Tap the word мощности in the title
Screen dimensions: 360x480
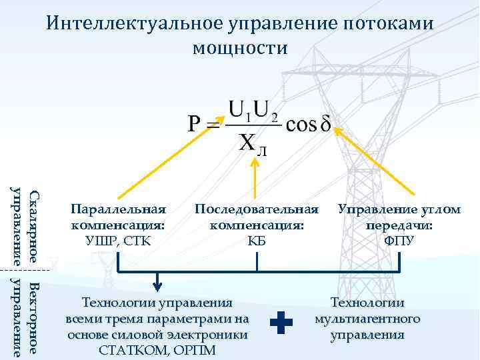pos(239,48)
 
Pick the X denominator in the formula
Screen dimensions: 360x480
pos(248,143)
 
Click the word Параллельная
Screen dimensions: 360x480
pos(118,210)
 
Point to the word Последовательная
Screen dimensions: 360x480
pos(257,210)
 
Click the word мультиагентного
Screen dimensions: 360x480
pos(367,319)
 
